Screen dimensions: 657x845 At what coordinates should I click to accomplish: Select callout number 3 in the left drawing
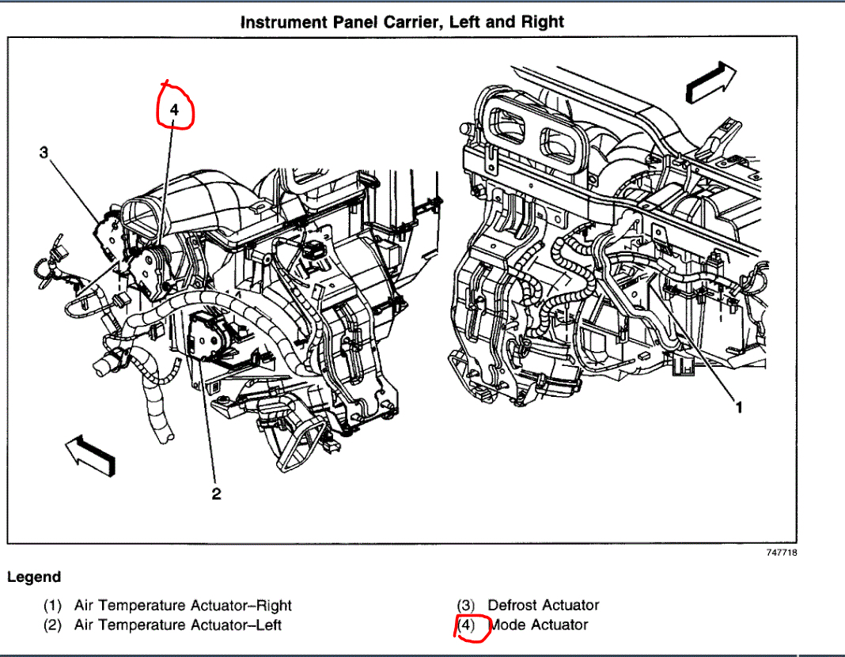pyautogui.click(x=44, y=153)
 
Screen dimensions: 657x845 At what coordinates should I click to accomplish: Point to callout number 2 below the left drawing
pyautogui.click(x=215, y=494)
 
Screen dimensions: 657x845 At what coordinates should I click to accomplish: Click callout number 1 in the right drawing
pyautogui.click(x=739, y=407)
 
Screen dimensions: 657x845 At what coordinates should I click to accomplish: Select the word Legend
pyautogui.click(x=34, y=577)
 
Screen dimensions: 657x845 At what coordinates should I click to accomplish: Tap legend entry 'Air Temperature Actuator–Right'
pyautogui.click(x=183, y=606)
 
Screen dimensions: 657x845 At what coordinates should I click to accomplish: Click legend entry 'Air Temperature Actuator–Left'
pyautogui.click(x=178, y=625)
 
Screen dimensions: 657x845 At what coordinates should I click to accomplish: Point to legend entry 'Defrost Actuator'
pyautogui.click(x=543, y=606)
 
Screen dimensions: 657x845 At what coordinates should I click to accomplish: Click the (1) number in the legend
pyautogui.click(x=53, y=606)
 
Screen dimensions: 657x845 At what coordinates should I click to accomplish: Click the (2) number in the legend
pyautogui.click(x=53, y=625)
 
